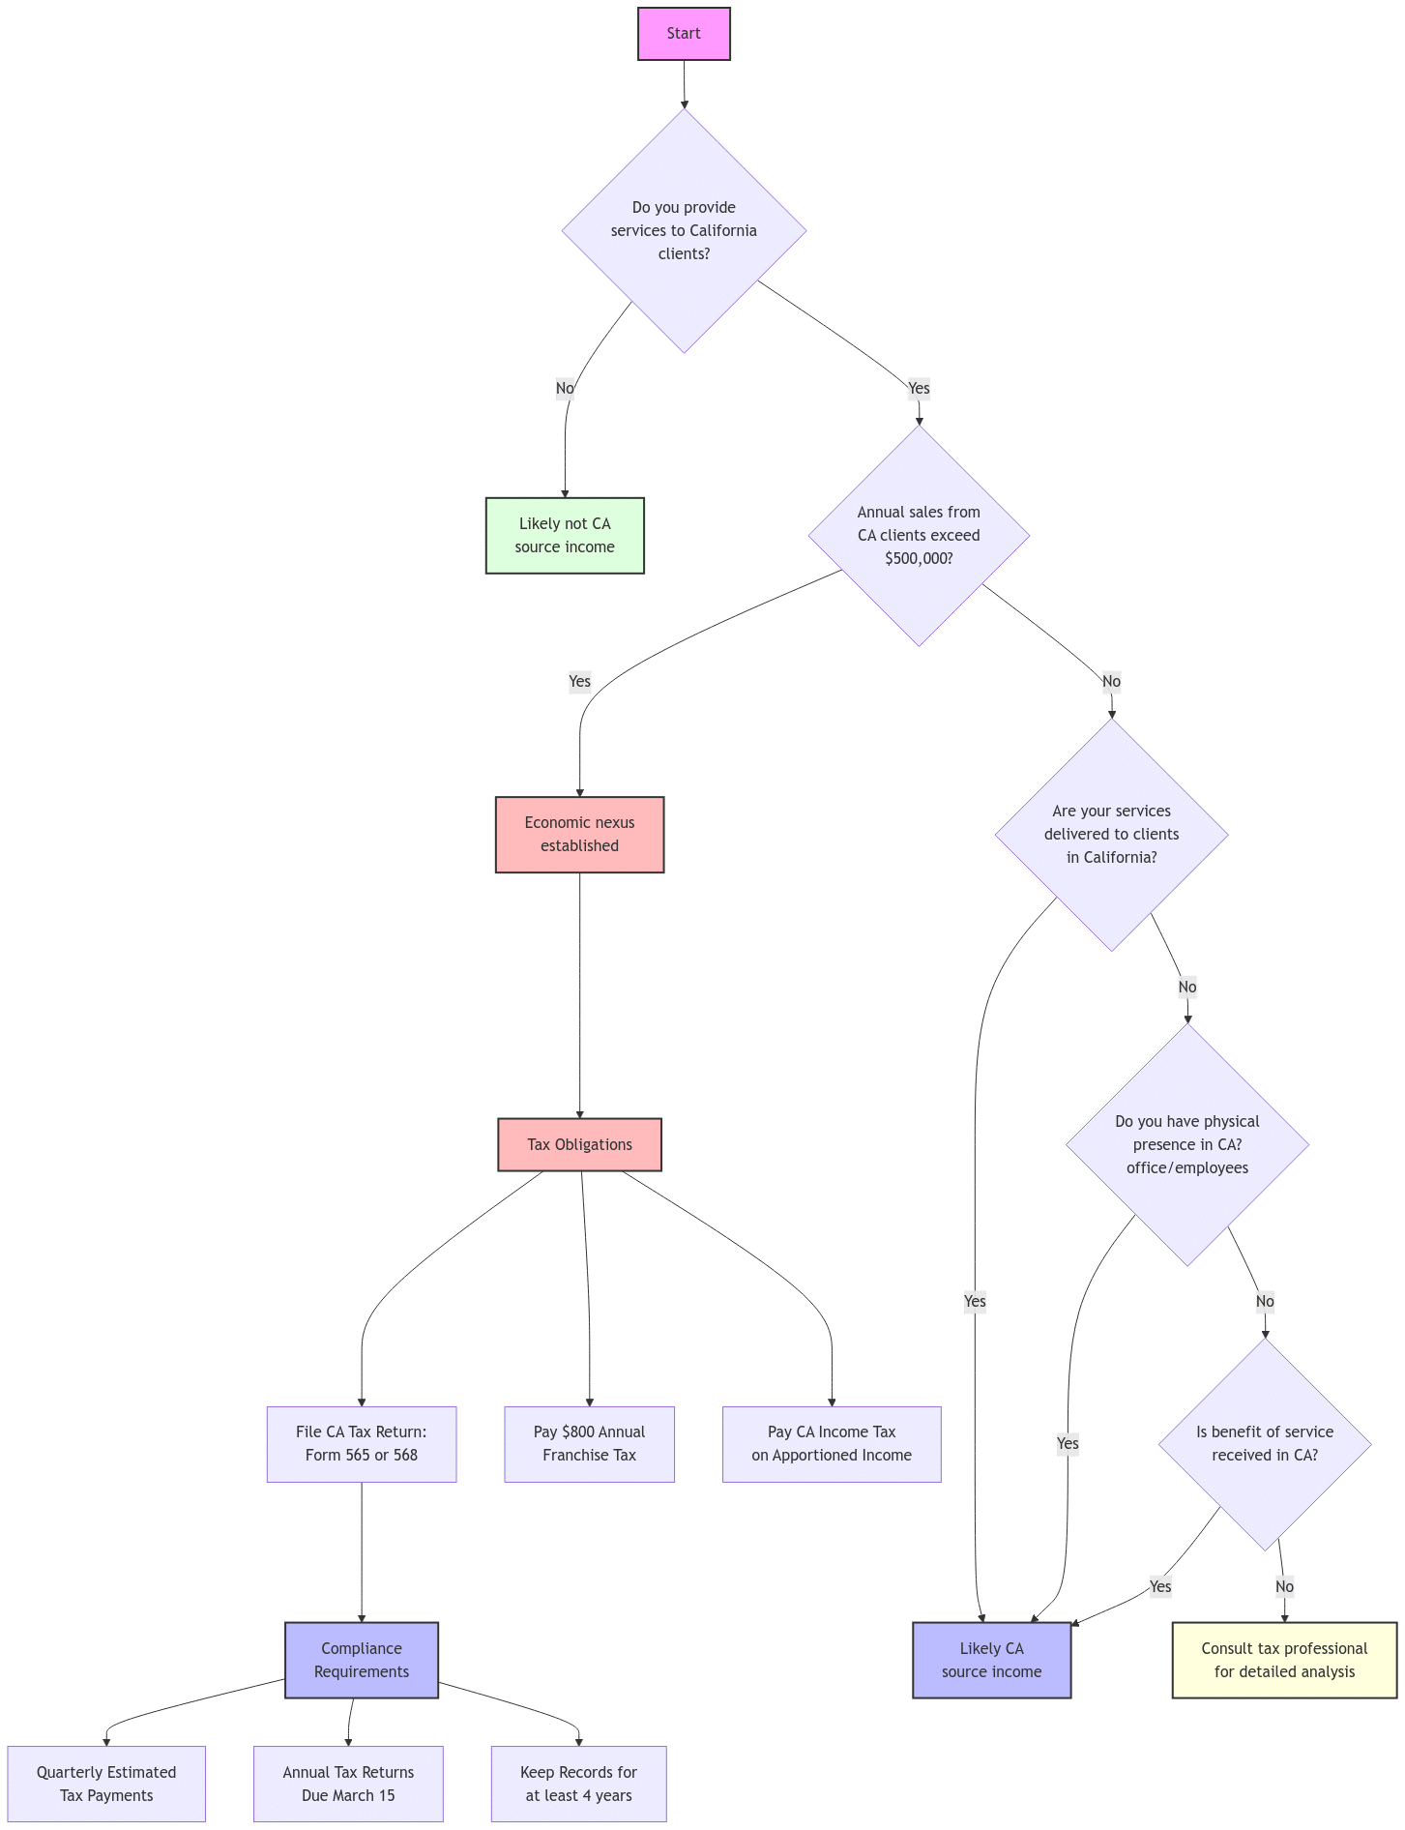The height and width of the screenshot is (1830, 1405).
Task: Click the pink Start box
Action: pyautogui.click(x=684, y=34)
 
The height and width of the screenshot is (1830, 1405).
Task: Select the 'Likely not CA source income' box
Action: pyautogui.click(x=565, y=536)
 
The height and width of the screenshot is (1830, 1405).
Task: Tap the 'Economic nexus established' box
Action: pyautogui.click(x=579, y=835)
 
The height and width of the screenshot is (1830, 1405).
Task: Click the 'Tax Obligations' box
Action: pyautogui.click(x=579, y=1145)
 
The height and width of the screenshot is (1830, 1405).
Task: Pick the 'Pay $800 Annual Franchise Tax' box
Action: pyautogui.click(x=589, y=1444)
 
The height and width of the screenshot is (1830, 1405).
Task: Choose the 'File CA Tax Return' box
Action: pyautogui.click(x=361, y=1444)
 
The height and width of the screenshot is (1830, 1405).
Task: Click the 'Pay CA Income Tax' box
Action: pyautogui.click(x=831, y=1444)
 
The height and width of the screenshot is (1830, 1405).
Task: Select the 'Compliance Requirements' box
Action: pyautogui.click(x=361, y=1661)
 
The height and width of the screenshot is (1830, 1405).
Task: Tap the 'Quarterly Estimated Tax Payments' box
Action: pyautogui.click(x=106, y=1785)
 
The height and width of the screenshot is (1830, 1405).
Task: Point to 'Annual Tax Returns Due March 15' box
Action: pyautogui.click(x=348, y=1785)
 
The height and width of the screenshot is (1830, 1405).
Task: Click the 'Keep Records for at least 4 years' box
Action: pyautogui.click(x=578, y=1785)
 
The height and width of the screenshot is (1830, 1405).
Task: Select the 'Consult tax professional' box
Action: pyautogui.click(x=1284, y=1661)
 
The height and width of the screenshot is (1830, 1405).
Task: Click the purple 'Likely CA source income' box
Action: pyautogui.click(x=991, y=1661)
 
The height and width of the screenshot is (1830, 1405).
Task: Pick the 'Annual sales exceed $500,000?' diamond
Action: pyautogui.click(x=919, y=536)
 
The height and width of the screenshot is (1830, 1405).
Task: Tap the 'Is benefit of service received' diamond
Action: pyautogui.click(x=1265, y=1444)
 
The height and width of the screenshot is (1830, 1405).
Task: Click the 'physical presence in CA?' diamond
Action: pyautogui.click(x=1187, y=1145)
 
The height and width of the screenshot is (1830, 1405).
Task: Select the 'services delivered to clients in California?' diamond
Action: pyautogui.click(x=1111, y=835)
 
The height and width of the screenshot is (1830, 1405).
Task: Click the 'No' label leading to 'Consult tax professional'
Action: pyautogui.click(x=1284, y=1586)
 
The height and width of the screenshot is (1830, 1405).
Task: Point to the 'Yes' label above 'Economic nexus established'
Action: pyautogui.click(x=579, y=682)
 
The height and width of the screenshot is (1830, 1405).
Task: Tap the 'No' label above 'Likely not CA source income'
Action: pyautogui.click(x=565, y=389)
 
